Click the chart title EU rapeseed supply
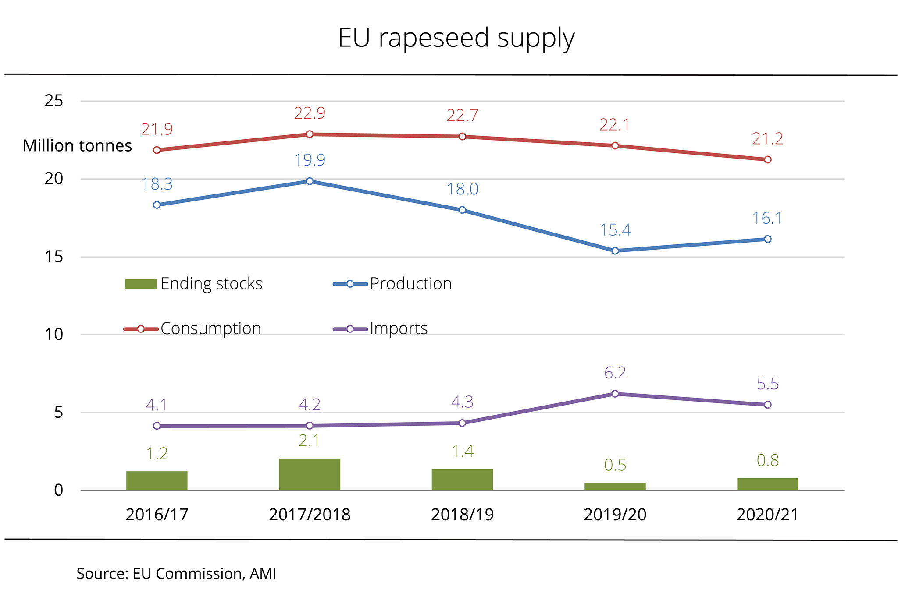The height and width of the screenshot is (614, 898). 456,39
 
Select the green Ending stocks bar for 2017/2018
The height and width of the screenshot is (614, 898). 310,474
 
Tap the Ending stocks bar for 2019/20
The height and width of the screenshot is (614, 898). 615,486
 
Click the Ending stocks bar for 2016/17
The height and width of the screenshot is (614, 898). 157,480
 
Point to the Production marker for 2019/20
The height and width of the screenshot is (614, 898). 615,251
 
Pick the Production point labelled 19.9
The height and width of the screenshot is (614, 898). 310,181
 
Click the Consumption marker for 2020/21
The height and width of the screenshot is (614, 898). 767,160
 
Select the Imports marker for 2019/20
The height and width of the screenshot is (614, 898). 615,394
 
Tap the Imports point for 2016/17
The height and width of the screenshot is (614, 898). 157,426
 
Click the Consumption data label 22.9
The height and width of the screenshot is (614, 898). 310,113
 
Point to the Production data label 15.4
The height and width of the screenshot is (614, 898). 615,230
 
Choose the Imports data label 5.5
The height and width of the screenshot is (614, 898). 767,384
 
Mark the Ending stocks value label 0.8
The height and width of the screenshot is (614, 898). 767,460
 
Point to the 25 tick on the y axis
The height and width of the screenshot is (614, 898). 54,101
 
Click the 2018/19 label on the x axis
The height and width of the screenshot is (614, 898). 462,515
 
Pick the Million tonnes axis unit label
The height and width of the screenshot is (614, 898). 77,146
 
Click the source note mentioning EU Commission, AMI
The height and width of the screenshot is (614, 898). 176,574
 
